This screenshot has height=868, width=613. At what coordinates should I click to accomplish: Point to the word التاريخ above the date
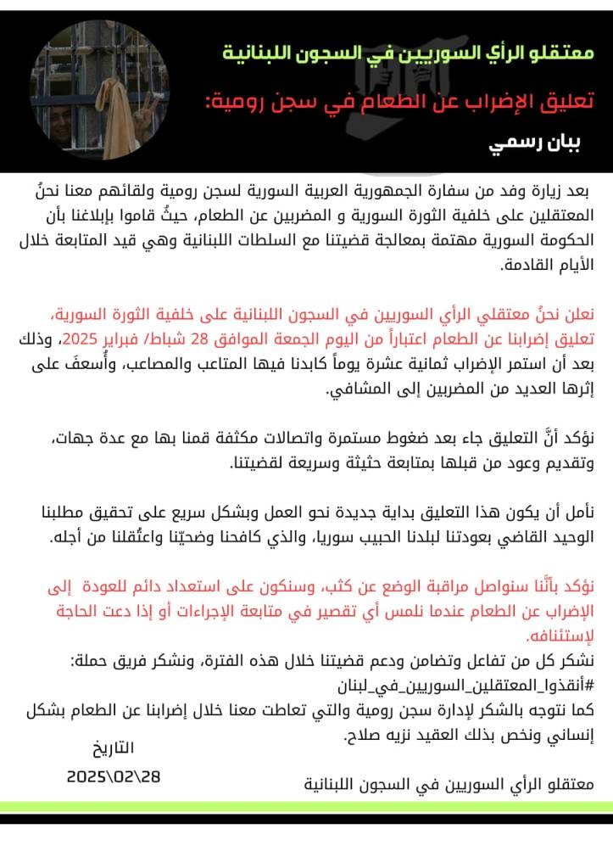click(x=112, y=748)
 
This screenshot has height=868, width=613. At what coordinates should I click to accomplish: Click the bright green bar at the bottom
click(x=306, y=806)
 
